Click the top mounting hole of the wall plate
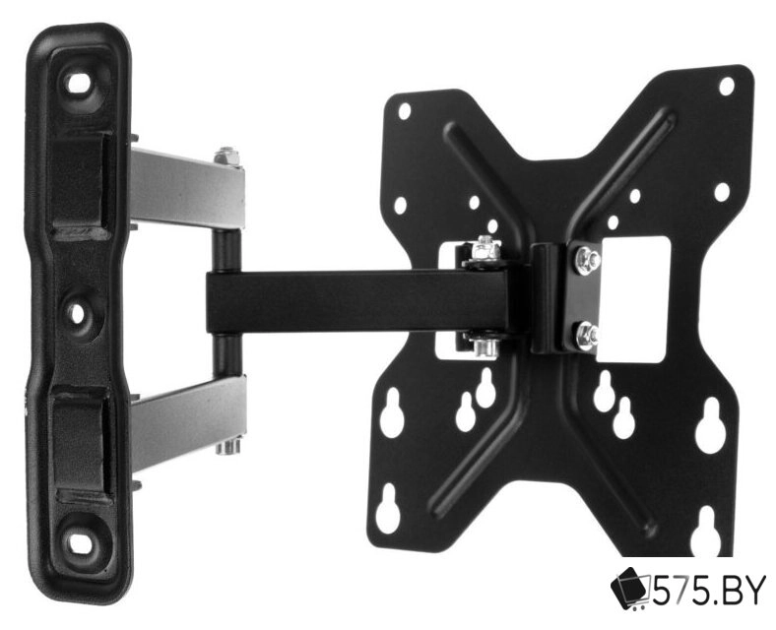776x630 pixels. pos(78,84)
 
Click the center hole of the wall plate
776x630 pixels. pos(77,313)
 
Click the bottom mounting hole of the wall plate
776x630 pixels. pos(79,543)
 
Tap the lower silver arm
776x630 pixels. pos(188,422)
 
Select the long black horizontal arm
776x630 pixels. pos(366,301)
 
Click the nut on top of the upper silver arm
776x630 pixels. pos(227,157)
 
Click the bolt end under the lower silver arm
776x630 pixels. pos(227,446)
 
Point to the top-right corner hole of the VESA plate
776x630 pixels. pos(726,87)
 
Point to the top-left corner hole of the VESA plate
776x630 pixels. pos(405,111)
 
